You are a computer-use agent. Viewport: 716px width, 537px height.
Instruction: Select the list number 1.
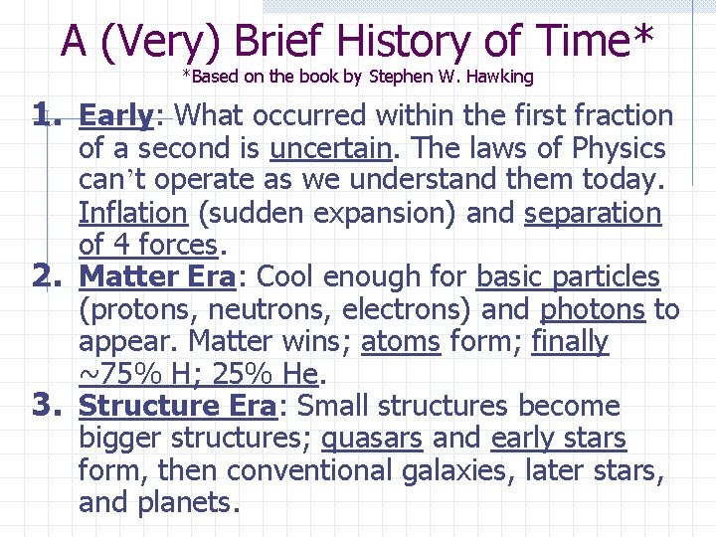(47, 116)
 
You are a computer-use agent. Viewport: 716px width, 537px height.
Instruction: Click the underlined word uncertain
(330, 149)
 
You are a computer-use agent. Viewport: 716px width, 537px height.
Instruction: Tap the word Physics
(619, 149)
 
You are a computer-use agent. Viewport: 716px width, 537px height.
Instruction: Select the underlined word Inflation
(132, 214)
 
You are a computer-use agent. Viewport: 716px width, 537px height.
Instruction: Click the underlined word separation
(593, 214)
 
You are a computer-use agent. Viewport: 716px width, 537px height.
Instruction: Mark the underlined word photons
(593, 310)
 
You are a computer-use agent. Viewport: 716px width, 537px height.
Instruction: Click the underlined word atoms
(401, 342)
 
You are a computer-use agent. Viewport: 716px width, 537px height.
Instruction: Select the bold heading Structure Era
(178, 407)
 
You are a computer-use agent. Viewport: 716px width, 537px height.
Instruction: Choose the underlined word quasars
(372, 439)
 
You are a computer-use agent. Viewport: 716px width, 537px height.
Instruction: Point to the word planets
(194, 503)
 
